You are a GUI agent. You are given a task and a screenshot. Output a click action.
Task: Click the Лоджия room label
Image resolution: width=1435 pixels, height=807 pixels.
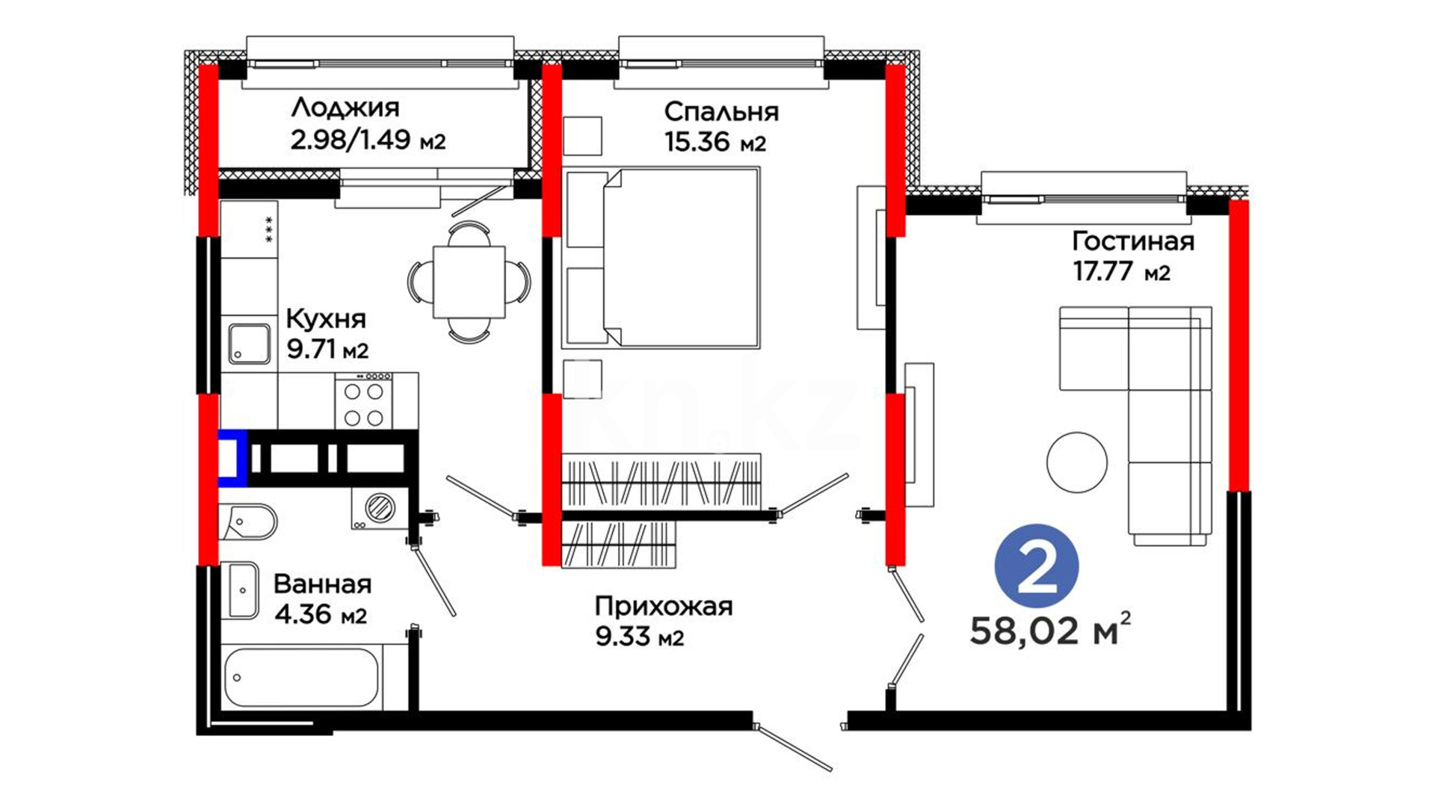click(x=345, y=108)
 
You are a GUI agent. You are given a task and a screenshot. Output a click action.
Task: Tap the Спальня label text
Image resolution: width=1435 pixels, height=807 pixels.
click(x=721, y=112)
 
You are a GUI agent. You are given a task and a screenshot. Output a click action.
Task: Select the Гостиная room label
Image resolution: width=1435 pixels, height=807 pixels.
click(x=1133, y=241)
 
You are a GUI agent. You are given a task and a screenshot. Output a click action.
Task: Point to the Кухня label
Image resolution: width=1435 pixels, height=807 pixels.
click(x=326, y=319)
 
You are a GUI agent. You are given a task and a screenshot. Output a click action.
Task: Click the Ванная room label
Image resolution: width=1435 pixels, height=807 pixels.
click(x=322, y=584)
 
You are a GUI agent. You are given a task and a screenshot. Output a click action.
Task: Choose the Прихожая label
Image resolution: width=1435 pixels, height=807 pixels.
click(x=664, y=607)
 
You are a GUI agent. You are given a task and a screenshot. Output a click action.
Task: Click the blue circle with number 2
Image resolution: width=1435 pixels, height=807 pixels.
click(x=1037, y=565)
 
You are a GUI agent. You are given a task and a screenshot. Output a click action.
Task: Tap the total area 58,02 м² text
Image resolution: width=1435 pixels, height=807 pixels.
click(x=1050, y=629)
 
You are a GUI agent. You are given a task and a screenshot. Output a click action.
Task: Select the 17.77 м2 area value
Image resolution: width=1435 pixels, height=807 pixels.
click(x=1122, y=271)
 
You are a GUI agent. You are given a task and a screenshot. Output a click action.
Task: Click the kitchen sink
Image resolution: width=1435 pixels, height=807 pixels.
click(x=249, y=344)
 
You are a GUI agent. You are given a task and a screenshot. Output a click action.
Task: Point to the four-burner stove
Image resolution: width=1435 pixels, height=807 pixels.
click(x=364, y=401)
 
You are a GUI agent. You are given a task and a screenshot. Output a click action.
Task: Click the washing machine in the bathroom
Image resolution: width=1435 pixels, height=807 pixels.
click(x=380, y=508)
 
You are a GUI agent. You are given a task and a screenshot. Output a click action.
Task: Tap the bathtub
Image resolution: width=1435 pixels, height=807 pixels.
click(x=302, y=677)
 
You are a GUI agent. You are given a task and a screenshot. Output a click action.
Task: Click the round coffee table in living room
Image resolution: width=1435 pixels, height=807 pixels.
click(x=1076, y=462)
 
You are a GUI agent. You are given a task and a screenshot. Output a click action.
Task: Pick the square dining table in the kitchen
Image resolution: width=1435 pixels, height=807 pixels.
click(x=469, y=282)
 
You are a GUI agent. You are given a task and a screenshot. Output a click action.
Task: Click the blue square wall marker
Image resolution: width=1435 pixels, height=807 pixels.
click(x=232, y=458)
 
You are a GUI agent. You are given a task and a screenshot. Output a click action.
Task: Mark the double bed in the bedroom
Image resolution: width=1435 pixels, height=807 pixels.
click(x=661, y=258)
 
